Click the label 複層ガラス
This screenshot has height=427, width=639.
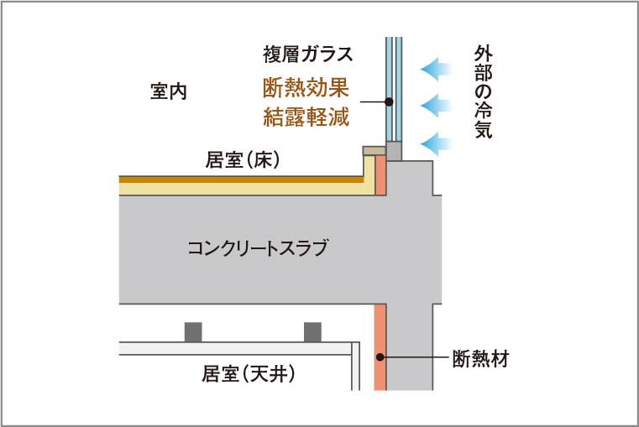[x=306, y=55]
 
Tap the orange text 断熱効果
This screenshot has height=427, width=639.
[x=306, y=86]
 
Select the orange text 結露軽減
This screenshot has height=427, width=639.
[x=306, y=117]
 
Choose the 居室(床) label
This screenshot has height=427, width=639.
[x=243, y=159]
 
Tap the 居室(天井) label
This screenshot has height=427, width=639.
[x=249, y=373]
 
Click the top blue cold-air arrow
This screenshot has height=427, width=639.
[x=434, y=66]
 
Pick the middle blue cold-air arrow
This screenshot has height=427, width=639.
[x=434, y=105]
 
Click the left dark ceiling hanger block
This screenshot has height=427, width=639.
[x=193, y=331]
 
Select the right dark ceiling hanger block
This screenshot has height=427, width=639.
[x=312, y=331]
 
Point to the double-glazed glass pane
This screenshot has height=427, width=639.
[x=394, y=88]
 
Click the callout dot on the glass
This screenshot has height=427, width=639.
[x=389, y=102]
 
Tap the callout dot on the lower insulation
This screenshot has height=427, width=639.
[x=380, y=357]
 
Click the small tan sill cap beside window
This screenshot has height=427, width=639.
[x=374, y=152]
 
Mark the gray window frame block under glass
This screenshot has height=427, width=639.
[x=394, y=151]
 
